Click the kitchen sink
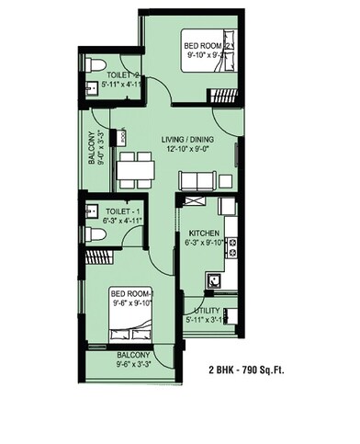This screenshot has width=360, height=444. coord(213,279)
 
